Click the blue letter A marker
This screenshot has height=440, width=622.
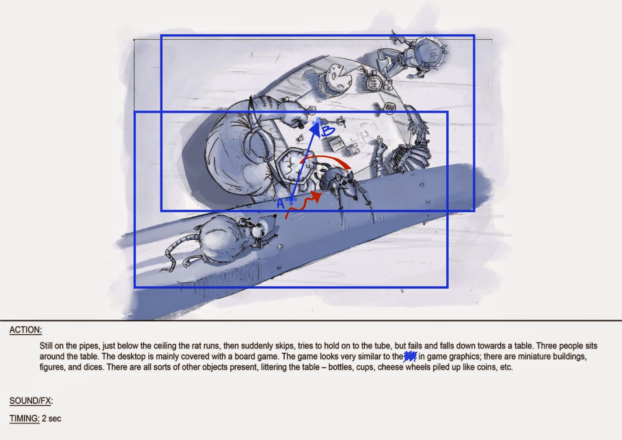[x=281, y=203]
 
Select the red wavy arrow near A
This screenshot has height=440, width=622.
[x=304, y=204]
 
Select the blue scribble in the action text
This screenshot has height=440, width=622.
[x=410, y=356]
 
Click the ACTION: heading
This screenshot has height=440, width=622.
[x=26, y=330]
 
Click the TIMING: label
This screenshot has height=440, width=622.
[x=24, y=419]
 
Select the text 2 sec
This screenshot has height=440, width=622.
[x=51, y=419]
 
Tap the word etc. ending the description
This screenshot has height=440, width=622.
[x=506, y=367]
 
